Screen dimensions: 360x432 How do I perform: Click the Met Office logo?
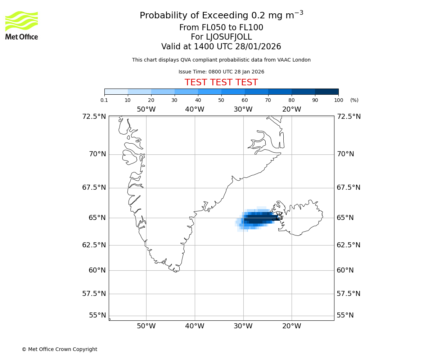tap(22, 25)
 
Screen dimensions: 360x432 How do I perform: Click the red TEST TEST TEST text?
tap(221, 83)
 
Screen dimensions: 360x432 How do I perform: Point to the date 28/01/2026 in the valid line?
tap(258, 47)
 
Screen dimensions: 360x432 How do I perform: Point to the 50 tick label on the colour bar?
tap(221, 100)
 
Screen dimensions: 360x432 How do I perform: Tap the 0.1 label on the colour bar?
tap(104, 100)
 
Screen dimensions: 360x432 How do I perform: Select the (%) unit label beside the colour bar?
tap(354, 100)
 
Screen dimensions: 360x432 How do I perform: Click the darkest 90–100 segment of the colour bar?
tap(327, 91)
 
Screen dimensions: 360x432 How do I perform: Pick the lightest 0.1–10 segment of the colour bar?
tap(116, 91)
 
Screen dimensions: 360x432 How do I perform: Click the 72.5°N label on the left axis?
tap(94, 117)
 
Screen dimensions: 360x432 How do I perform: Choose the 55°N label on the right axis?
tap(345, 315)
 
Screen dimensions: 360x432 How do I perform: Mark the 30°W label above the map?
tap(243, 109)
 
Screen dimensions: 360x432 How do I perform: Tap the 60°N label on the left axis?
tap(97, 270)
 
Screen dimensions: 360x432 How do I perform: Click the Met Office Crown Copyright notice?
tap(59, 349)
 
